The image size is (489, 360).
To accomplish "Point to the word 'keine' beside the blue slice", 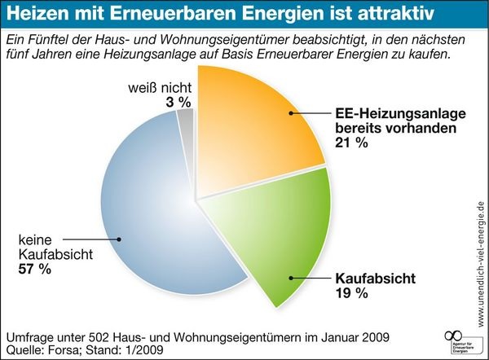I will point(35,240).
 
